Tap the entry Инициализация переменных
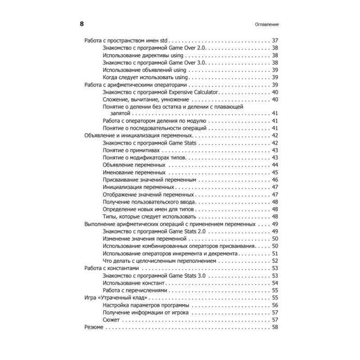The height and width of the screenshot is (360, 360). click(x=138, y=187)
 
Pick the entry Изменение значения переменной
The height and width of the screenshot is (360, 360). click(x=144, y=238)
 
